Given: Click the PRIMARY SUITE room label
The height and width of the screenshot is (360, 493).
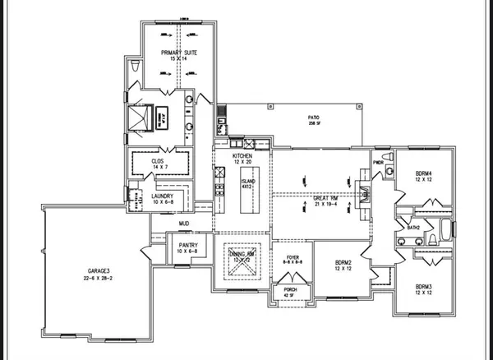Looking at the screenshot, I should tap(179, 55).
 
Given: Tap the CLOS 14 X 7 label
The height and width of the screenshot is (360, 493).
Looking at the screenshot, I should tap(160, 164).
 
